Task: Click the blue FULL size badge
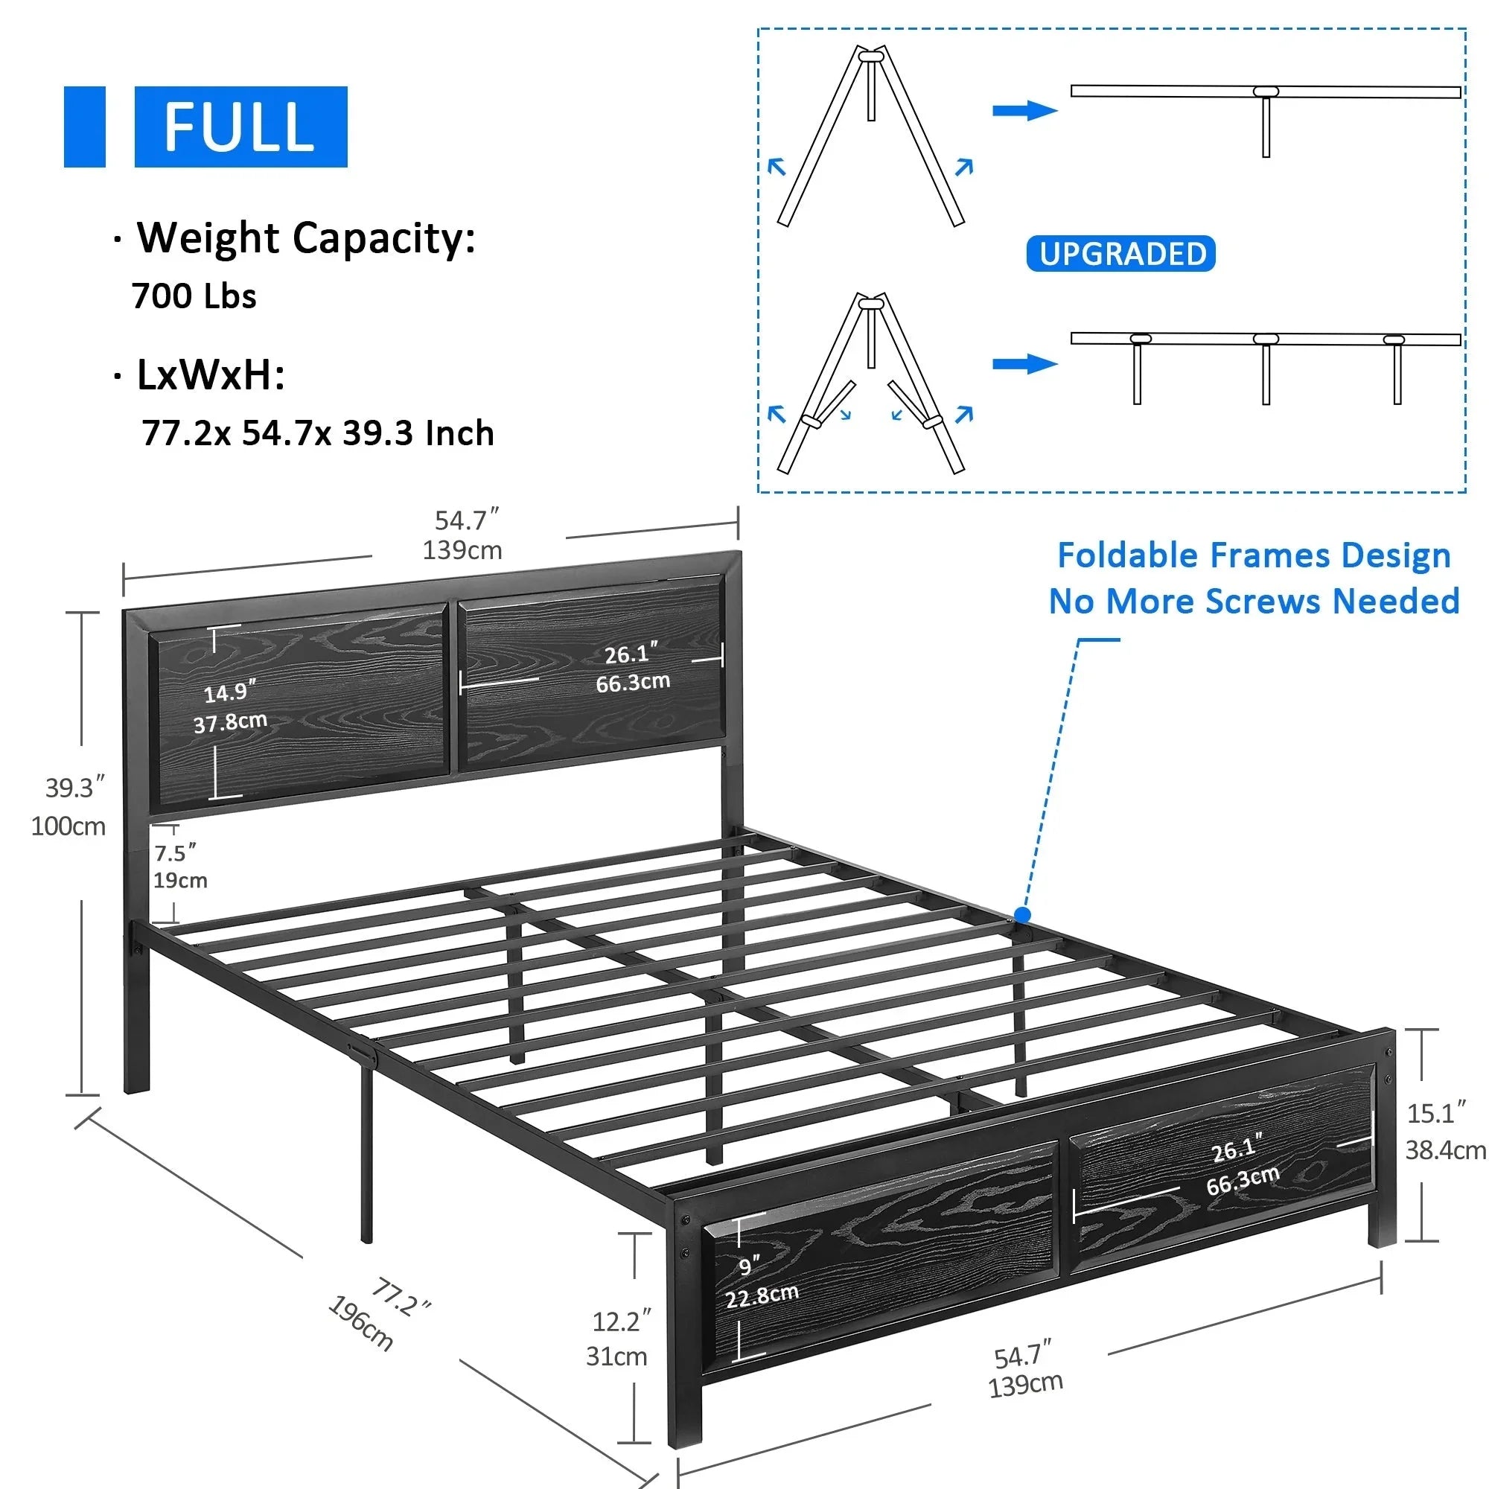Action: [240, 127]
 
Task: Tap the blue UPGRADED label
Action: [1120, 254]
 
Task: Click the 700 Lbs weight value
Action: [194, 297]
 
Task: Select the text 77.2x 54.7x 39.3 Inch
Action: [318, 433]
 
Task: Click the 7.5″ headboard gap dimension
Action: [175, 853]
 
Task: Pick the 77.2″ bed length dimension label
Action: [400, 1297]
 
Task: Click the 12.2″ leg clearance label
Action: [621, 1321]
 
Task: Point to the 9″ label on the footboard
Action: [749, 1266]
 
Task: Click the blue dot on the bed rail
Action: [1023, 915]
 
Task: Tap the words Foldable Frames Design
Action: [1254, 555]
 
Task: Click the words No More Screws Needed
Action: [1254, 601]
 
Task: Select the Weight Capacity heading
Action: [306, 237]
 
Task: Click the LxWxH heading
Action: [211, 375]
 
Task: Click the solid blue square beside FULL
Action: [85, 127]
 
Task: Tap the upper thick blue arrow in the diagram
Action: [1025, 111]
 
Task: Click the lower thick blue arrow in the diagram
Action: [1025, 364]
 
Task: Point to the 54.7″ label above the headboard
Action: [467, 520]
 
